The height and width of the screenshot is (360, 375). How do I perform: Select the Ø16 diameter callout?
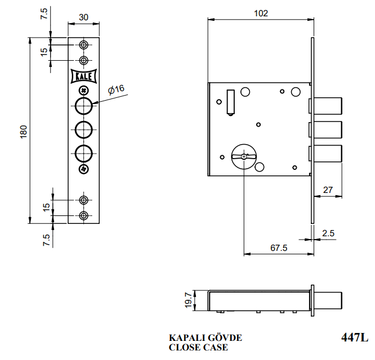[116, 89]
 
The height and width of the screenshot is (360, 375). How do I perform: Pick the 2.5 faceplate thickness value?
[328, 232]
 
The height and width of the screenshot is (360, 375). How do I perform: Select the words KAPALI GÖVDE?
[206, 337]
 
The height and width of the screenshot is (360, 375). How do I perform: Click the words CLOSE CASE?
[198, 347]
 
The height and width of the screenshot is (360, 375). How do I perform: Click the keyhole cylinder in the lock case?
[243, 155]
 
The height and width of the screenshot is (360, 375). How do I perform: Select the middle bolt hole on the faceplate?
[83, 128]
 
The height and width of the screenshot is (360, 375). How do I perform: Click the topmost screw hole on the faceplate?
[83, 45]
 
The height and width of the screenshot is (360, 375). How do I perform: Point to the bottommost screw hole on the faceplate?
[83, 216]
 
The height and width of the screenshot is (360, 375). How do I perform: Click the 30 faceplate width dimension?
[83, 17]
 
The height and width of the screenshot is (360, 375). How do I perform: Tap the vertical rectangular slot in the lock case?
[230, 102]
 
